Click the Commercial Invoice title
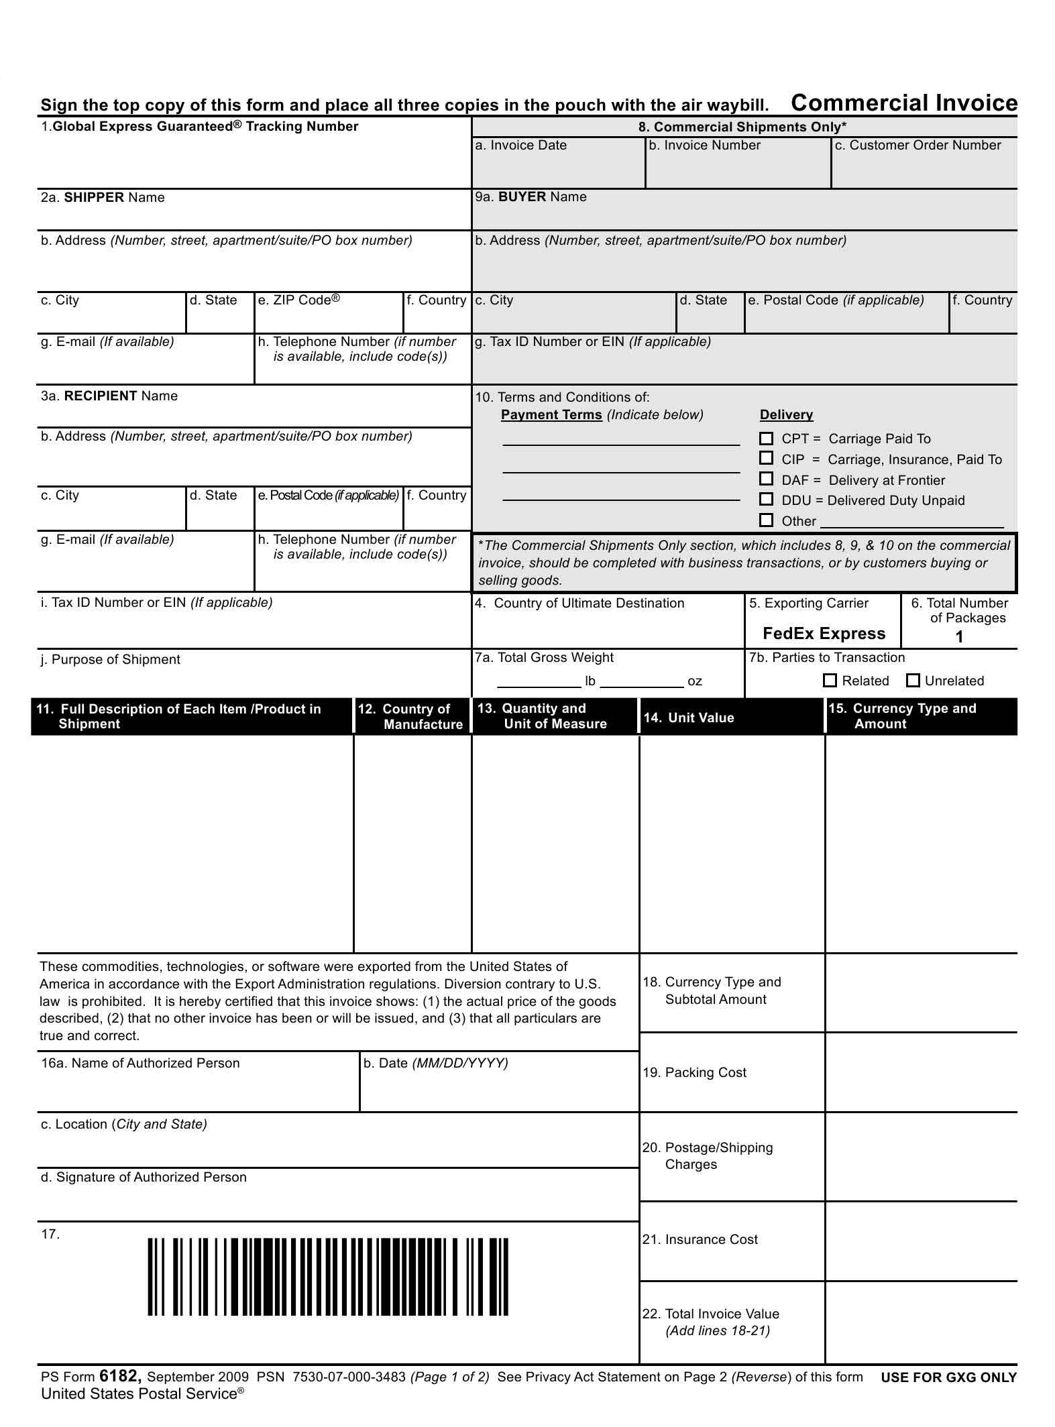click(903, 103)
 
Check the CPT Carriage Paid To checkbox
click(766, 439)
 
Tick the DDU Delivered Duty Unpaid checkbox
click(766, 500)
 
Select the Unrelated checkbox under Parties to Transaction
click(913, 681)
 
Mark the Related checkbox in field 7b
click(830, 681)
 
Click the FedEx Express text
click(824, 634)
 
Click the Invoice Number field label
click(704, 146)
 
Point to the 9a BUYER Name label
click(531, 197)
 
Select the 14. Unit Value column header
click(689, 718)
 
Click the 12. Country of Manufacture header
click(411, 717)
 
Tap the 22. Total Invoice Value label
click(711, 1322)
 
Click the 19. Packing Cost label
click(694, 1072)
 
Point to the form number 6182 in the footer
click(120, 1376)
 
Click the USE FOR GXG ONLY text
click(948, 1377)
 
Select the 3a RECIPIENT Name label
click(109, 396)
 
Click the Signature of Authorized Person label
click(144, 1177)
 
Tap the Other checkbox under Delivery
click(766, 520)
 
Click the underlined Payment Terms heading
click(551, 415)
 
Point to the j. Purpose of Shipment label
click(111, 660)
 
